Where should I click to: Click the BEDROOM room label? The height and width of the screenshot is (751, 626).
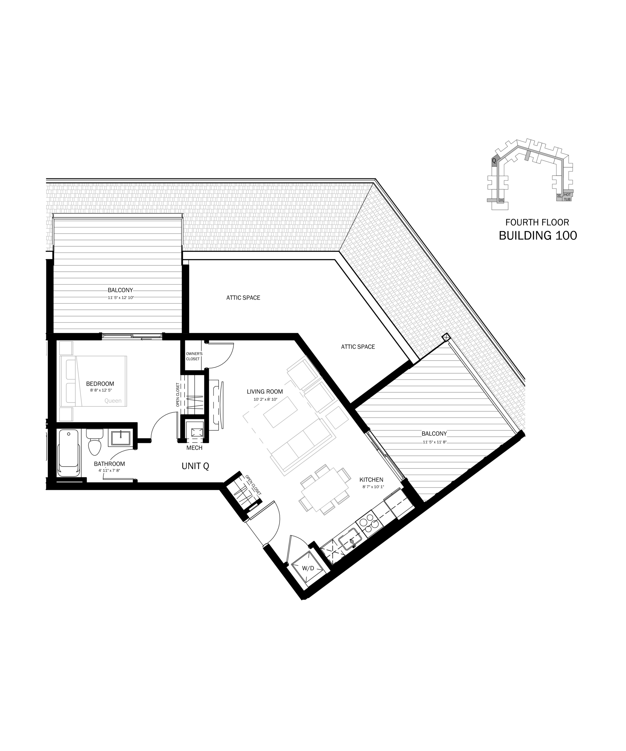tap(100, 384)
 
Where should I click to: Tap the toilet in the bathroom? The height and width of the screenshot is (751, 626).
tap(95, 442)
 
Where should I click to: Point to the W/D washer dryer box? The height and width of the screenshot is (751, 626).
tap(308, 568)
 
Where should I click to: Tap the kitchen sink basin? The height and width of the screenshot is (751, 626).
tap(350, 539)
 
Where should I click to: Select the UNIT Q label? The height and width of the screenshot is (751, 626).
tap(195, 466)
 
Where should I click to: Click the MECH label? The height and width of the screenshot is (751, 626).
tap(194, 448)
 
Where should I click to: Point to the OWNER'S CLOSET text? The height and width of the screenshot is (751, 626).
tap(194, 356)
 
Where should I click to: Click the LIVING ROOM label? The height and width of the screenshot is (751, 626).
tap(265, 392)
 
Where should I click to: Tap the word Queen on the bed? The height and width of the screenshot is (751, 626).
tap(113, 401)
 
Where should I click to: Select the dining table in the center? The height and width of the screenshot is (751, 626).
tap(325, 490)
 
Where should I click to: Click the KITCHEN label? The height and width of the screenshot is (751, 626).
tap(371, 480)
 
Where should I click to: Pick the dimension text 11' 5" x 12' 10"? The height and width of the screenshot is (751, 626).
tap(121, 297)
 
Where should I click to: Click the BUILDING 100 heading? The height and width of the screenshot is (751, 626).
tap(538, 236)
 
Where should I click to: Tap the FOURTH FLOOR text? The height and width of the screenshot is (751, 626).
tap(537, 222)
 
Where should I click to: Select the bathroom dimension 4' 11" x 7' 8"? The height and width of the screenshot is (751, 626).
tap(109, 471)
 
